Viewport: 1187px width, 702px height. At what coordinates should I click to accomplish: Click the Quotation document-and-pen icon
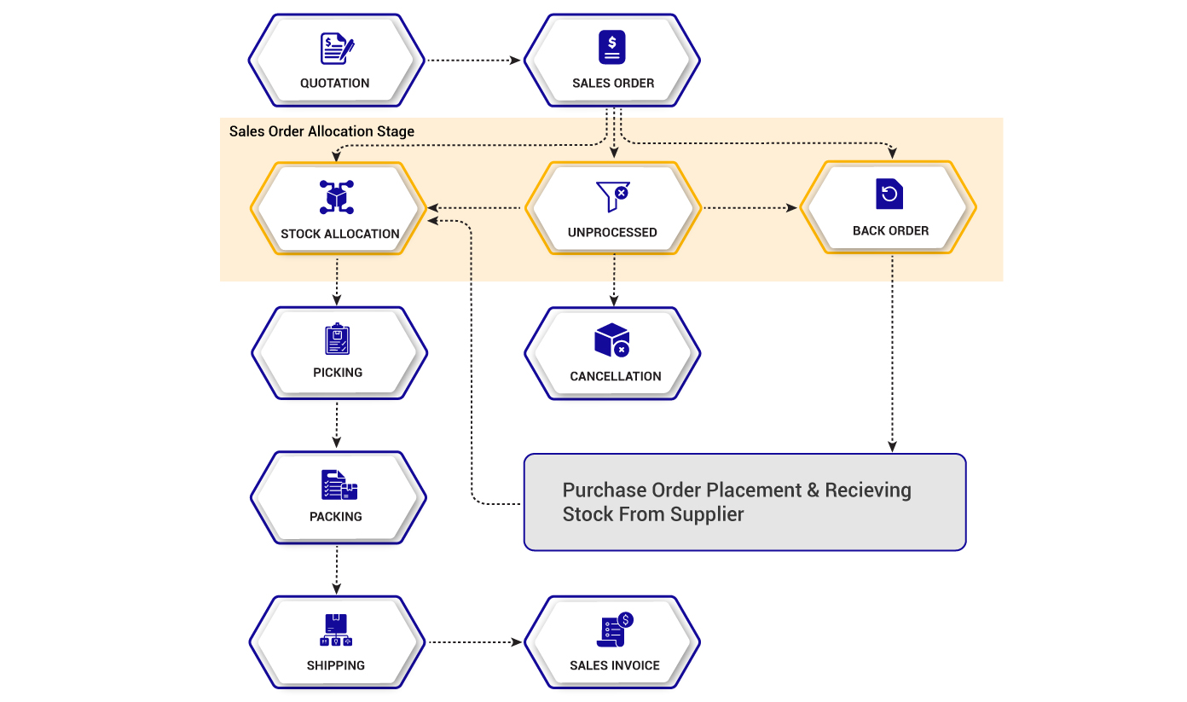tap(337, 49)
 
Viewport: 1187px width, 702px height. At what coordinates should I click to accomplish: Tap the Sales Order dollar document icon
tap(612, 47)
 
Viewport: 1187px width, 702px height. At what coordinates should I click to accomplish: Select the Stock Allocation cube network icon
tap(337, 197)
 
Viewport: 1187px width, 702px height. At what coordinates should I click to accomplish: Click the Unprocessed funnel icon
tap(612, 196)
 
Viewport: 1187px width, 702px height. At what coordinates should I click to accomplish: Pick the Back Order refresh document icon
tap(889, 194)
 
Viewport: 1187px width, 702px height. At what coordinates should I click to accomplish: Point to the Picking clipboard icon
tap(337, 339)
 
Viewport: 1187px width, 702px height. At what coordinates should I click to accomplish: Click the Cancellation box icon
tap(612, 339)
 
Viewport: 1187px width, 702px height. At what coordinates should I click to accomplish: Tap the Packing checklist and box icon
tap(339, 484)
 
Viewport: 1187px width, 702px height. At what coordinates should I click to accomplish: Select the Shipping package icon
tap(336, 629)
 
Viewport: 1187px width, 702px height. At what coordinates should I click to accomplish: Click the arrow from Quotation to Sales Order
tap(474, 61)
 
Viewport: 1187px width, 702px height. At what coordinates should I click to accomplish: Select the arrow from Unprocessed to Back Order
tap(750, 208)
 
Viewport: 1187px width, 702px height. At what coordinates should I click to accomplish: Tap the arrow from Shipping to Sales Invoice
tap(475, 642)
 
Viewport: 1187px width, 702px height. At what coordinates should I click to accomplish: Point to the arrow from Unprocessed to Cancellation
tap(614, 280)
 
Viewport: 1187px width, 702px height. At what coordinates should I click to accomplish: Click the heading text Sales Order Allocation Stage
tap(321, 131)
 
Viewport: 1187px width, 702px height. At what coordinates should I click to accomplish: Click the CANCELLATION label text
tap(615, 376)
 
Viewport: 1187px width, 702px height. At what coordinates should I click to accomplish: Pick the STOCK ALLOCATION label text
tap(339, 234)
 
